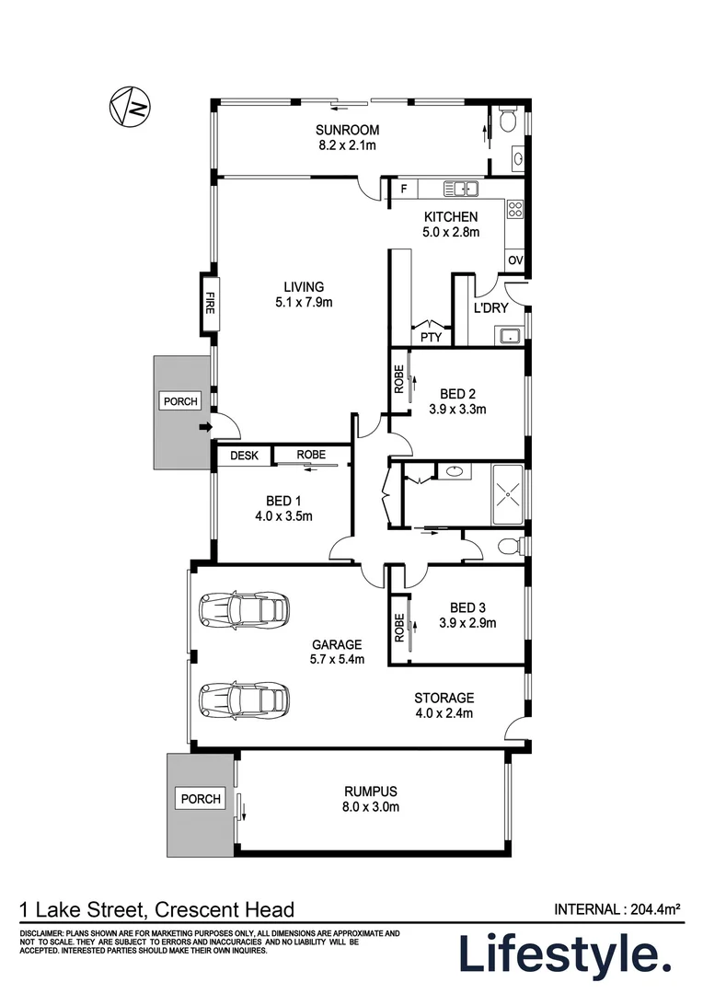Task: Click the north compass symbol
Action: coord(130,107)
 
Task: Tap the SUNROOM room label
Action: coord(348,130)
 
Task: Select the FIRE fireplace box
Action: coord(210,303)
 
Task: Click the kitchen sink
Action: coord(461,189)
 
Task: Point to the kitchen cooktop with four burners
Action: coord(514,209)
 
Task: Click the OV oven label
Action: coord(514,260)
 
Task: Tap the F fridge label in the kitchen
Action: coord(404,189)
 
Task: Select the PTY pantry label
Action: coord(431,337)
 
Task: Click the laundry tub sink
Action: coord(509,336)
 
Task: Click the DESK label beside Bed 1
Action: coord(244,456)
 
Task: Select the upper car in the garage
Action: coord(244,610)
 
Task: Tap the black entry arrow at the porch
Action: coord(205,428)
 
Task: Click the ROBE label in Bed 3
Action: coord(398,628)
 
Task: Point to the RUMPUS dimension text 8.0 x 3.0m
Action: coord(371,807)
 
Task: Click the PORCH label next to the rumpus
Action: coord(201,799)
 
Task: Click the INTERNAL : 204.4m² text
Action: coord(617,909)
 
